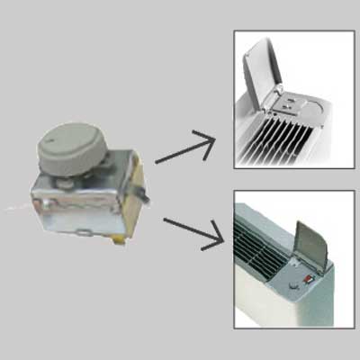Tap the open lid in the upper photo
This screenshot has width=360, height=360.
click(x=270, y=64)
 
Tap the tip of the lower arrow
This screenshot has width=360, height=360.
click(x=220, y=242)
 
